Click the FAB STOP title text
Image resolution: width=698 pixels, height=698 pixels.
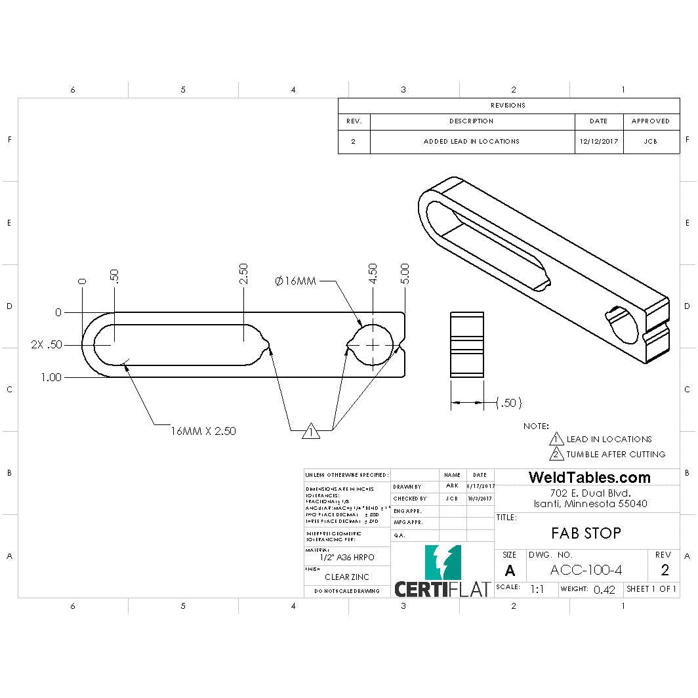click(x=586, y=533)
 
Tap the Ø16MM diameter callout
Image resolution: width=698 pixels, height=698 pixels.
click(x=295, y=281)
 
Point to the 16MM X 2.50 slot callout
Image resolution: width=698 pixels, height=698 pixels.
click(x=203, y=431)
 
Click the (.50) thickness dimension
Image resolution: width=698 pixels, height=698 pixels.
click(x=509, y=403)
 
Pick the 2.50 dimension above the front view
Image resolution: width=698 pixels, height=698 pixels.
click(x=243, y=274)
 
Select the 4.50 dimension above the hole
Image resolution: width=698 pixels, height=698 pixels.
click(x=373, y=274)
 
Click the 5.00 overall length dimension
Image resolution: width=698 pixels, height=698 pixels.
click(x=404, y=274)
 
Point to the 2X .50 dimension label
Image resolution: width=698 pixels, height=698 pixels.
click(x=47, y=344)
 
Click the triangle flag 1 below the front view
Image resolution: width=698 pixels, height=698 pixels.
click(x=311, y=432)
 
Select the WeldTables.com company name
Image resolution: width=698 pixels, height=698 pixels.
click(x=589, y=478)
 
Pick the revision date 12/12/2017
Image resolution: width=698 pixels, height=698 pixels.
click(x=598, y=141)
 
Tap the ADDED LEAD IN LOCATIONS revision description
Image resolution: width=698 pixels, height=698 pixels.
click(x=471, y=141)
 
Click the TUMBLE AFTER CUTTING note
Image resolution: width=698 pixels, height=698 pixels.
click(x=615, y=454)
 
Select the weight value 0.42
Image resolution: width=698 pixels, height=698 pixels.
click(x=604, y=589)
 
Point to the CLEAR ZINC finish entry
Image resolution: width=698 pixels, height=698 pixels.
click(x=347, y=577)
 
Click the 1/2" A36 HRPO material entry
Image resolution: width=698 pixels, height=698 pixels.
click(x=347, y=557)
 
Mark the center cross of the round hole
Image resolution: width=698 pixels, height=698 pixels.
click(x=373, y=344)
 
